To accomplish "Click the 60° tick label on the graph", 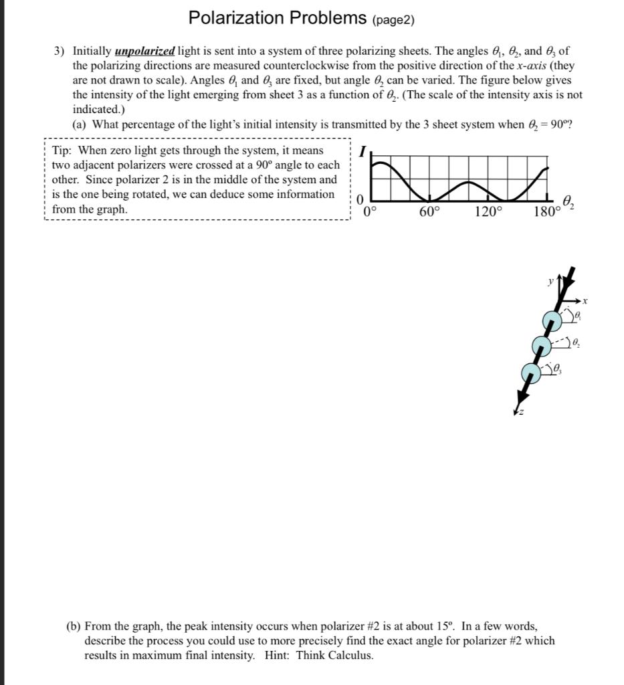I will (430, 212).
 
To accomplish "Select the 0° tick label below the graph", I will (371, 212).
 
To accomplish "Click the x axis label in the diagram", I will (585, 302).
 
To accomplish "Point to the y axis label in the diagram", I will (551, 282).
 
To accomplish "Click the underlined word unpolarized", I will (145, 51).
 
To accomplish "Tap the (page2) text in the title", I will (393, 20).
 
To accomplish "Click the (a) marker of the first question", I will (80, 124).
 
